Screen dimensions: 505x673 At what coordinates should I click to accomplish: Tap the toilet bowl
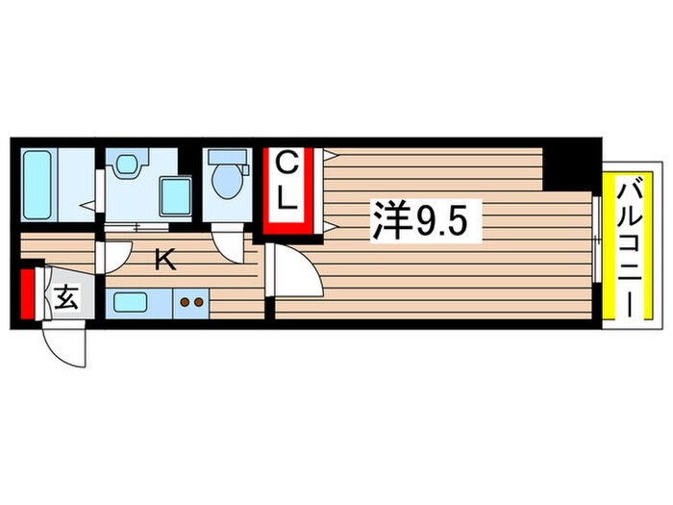[228, 179]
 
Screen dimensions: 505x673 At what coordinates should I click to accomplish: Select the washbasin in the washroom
[126, 165]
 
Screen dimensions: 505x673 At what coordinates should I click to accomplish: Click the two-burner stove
[191, 302]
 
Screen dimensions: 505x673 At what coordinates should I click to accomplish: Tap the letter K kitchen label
[165, 258]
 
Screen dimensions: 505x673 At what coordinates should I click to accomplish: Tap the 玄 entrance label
[65, 299]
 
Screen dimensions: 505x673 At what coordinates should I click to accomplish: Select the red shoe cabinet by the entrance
[27, 294]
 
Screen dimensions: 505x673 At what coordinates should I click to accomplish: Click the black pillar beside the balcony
[566, 169]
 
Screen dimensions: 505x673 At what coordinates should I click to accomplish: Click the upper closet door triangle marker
[328, 155]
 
